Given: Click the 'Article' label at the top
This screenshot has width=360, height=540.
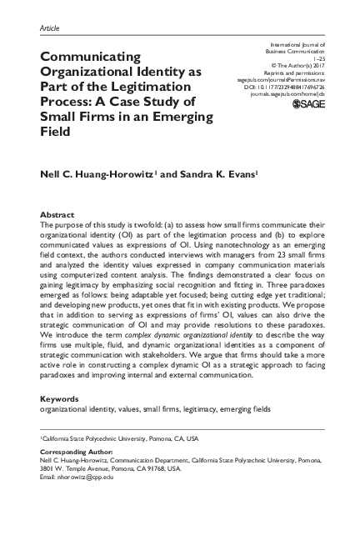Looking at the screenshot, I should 49,27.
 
